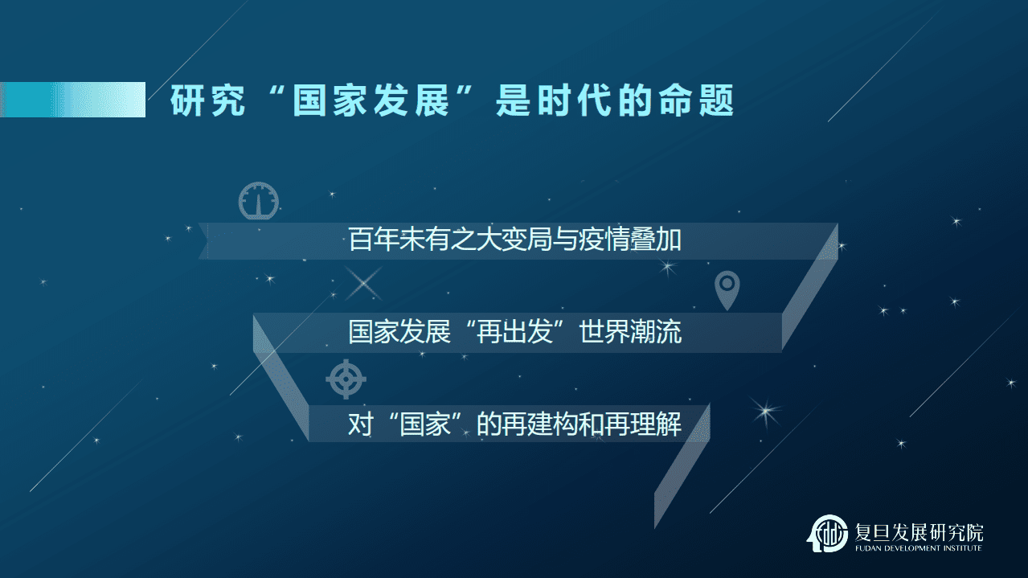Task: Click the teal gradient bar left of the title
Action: (72, 100)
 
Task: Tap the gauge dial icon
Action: (258, 201)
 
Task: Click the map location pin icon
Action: (727, 290)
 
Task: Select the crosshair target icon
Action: (346, 378)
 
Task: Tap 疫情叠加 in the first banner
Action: (629, 240)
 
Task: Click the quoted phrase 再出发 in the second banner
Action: (514, 332)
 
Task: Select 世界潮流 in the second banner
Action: (630, 332)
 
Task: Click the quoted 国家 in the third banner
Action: (425, 424)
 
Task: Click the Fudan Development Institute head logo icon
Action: (826, 533)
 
